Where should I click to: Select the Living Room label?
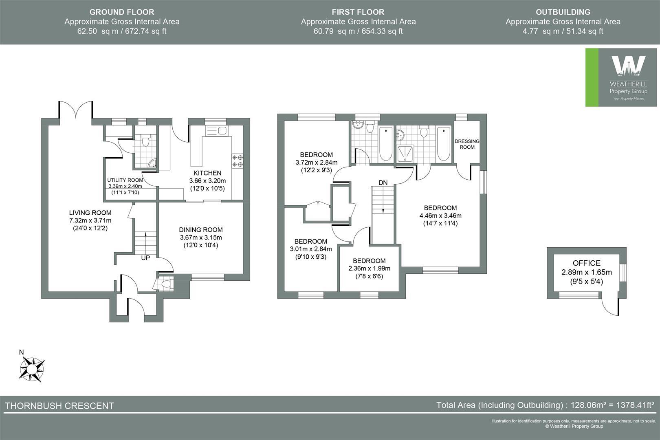(90, 213)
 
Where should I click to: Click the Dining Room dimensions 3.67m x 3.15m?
(201, 238)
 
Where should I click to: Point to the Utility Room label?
(125, 180)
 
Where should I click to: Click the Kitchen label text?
(207, 173)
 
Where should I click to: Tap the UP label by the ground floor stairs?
(145, 258)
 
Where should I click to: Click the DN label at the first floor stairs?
(383, 183)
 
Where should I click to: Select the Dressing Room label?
(467, 144)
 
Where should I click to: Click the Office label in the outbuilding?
(586, 263)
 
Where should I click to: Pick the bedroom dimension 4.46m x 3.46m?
(440, 216)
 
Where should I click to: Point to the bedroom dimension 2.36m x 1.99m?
(369, 268)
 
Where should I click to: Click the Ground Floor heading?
(122, 12)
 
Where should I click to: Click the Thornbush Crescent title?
(59, 406)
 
